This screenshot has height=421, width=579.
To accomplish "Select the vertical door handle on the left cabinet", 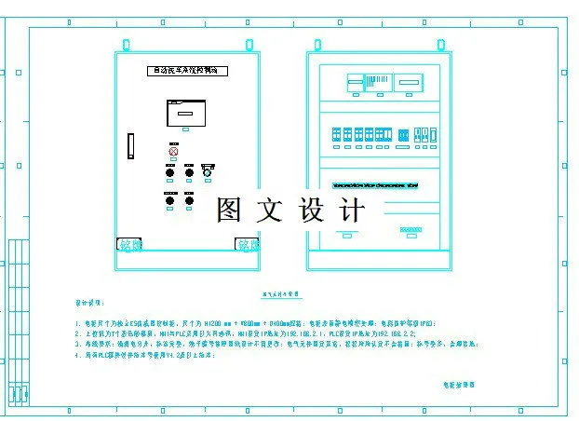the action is click(131, 146).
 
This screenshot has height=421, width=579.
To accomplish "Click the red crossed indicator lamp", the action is click(172, 151).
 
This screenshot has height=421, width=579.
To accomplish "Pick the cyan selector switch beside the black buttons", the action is click(208, 171).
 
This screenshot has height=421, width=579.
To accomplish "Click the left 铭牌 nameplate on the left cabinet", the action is click(130, 245).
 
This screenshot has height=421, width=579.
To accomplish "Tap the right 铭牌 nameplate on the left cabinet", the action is click(247, 245).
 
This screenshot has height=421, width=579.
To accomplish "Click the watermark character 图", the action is click(229, 210).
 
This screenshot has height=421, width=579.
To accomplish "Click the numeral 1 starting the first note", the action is click(78, 323).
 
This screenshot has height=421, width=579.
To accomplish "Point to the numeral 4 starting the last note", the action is click(78, 355).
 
